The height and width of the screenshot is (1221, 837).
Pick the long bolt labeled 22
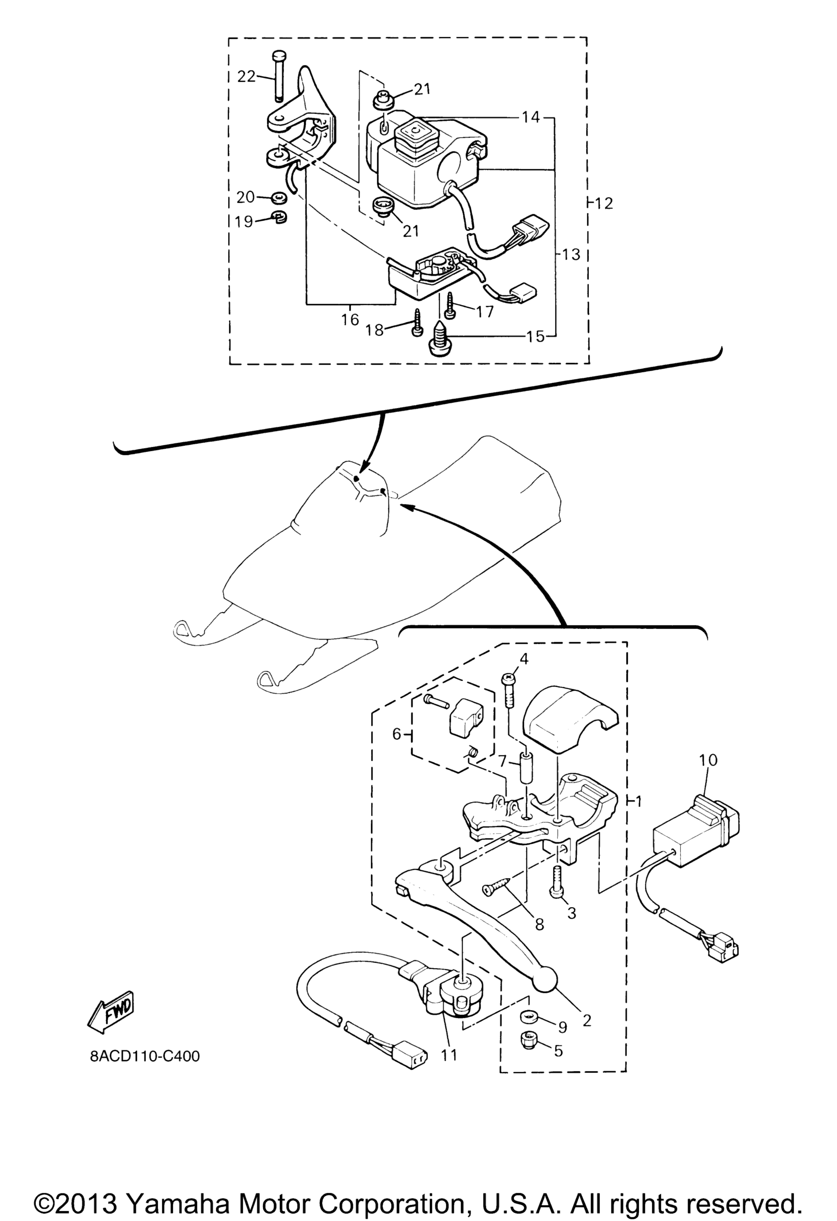278,76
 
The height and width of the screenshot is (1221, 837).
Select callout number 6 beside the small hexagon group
397,735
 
